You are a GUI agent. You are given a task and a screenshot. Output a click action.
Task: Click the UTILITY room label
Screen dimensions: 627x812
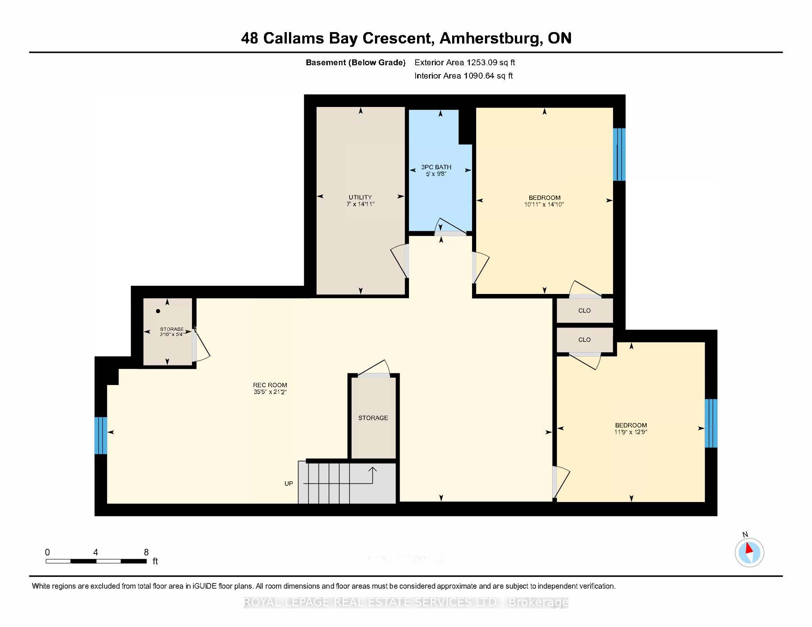coord(360,197)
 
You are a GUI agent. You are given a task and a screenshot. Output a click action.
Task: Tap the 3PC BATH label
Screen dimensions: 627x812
coord(436,167)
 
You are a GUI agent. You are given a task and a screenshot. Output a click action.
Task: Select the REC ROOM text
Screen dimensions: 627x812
coord(270,385)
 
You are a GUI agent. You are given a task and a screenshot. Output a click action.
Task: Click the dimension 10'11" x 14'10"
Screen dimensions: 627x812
coord(544,204)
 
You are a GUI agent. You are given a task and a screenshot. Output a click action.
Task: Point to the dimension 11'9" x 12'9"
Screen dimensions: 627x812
coord(630,432)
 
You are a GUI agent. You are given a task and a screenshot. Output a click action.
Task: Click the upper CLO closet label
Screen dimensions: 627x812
coord(584,311)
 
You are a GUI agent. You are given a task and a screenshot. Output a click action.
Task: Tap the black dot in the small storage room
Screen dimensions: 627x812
coord(158,311)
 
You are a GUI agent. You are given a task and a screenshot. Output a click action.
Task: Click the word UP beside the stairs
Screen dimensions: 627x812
coord(289,484)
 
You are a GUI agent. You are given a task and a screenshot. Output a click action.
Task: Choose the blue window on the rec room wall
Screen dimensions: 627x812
coord(101,435)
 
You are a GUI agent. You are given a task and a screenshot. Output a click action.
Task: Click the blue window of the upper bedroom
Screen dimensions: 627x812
coord(619,155)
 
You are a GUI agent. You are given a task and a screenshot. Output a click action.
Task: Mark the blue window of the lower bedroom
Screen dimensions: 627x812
coord(711,423)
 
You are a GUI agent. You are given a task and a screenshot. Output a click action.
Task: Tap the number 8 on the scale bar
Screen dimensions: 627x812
coord(146,552)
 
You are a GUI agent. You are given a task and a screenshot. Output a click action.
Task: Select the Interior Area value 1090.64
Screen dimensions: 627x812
coord(479,76)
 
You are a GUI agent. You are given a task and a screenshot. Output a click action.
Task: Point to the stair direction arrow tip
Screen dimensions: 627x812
coord(372,468)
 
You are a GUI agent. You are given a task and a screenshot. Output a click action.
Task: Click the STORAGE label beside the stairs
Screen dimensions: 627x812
coord(373,418)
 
